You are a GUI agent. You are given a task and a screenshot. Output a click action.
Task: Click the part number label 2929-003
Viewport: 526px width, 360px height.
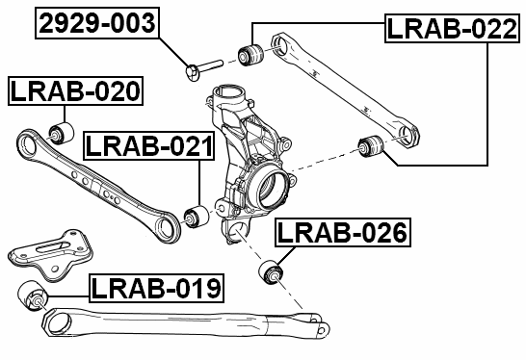pos(96,22)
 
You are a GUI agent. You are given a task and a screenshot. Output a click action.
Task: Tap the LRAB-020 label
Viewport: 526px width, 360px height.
pos(75,92)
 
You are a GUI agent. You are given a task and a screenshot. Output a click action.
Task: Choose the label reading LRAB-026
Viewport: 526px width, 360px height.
pos(343,233)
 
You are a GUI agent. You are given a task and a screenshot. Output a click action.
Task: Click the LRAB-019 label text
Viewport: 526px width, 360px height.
pos(157,287)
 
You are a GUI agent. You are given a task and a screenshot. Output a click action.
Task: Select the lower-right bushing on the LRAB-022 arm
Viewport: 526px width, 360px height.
pos(371,146)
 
